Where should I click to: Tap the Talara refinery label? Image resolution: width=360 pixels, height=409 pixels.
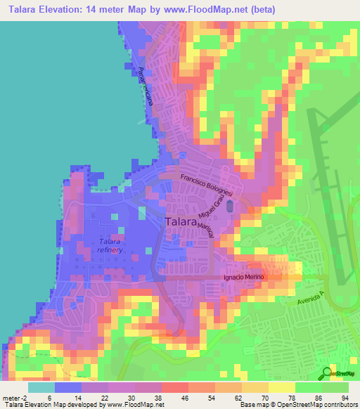pos(111,246)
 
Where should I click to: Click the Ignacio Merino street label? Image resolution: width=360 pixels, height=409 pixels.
pos(243,277)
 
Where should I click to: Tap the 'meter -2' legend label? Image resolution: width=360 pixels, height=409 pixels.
pos(15,397)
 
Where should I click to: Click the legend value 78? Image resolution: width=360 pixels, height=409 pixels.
pos(288,397)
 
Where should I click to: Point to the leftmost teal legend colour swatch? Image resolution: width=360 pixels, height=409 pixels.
pos(41,387)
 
